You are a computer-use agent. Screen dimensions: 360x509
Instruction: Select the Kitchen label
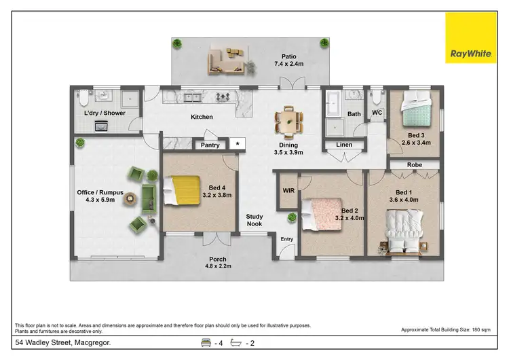point(202,117)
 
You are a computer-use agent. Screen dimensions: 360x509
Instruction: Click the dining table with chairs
point(288,120)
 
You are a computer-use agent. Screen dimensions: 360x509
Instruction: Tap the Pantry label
point(209,145)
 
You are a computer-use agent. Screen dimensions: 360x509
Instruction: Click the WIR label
point(288,190)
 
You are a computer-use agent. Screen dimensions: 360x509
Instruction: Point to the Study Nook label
point(254,221)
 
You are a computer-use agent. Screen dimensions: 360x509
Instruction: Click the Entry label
point(287,238)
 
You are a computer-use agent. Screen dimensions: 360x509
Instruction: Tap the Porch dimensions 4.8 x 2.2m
point(218,267)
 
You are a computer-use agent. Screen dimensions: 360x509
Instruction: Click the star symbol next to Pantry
point(237,144)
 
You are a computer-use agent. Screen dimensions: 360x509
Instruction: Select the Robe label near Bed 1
point(415,165)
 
